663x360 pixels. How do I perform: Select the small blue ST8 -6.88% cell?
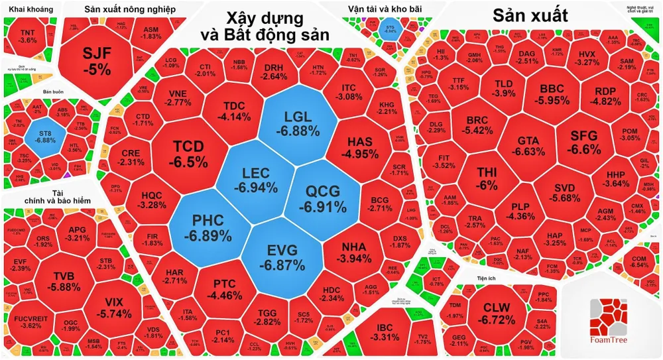pyautogui.click(x=46, y=136)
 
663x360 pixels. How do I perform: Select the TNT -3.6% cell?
pyautogui.click(x=29, y=36)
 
